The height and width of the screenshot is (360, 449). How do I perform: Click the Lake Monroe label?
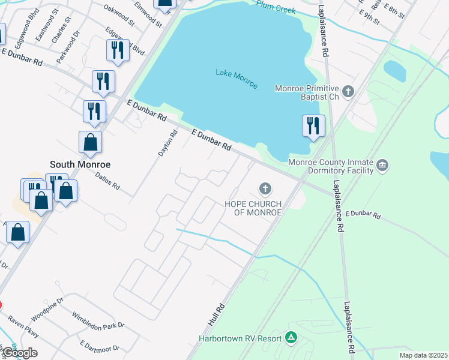pos(237,79)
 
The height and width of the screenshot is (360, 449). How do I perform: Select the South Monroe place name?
pos(80,164)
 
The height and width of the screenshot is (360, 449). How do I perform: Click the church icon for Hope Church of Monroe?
pos(265,190)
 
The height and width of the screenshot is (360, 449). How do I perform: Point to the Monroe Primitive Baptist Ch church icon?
pos(348,92)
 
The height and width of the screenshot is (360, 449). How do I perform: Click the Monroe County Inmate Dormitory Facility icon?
pos(382,165)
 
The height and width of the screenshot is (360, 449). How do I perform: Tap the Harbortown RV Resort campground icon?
pos(291,338)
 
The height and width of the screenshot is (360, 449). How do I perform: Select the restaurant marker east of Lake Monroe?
pos(313,126)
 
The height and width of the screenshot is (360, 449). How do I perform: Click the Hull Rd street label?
pos(216,314)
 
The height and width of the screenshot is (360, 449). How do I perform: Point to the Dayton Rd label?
pos(167,144)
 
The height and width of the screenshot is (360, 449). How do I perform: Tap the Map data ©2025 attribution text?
pos(423,355)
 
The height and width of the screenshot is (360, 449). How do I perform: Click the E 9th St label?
pos(369,16)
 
